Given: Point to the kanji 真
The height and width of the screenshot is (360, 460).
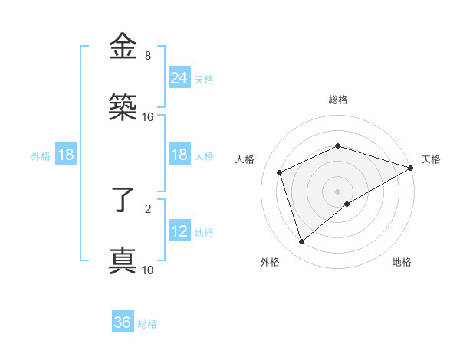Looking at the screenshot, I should pyautogui.click(x=123, y=260).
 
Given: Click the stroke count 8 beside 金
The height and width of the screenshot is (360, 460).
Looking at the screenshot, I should pyautogui.click(x=148, y=56).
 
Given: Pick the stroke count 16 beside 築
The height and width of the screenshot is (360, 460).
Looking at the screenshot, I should pyautogui.click(x=148, y=117).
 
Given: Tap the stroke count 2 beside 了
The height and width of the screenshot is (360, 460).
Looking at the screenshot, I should pyautogui.click(x=148, y=208).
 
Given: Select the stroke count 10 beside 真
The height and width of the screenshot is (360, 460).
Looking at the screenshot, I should pyautogui.click(x=148, y=270).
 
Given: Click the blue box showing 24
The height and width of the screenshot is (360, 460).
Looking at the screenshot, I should pyautogui.click(x=179, y=77).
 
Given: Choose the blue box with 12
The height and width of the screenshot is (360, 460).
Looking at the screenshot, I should pyautogui.click(x=179, y=231).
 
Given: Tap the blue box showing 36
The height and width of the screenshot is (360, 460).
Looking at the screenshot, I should pyautogui.click(x=123, y=322).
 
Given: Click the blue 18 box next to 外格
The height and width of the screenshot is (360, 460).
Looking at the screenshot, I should pyautogui.click(x=66, y=155).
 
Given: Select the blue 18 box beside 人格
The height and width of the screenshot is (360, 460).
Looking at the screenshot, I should pyautogui.click(x=179, y=155).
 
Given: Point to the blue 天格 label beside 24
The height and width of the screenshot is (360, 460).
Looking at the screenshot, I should pyautogui.click(x=204, y=79).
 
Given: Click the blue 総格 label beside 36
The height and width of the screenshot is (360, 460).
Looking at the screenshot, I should pyautogui.click(x=147, y=324).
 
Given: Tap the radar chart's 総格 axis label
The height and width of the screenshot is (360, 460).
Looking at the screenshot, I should pyautogui.click(x=338, y=100).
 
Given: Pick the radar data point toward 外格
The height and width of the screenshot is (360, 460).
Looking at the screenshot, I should pyautogui.click(x=301, y=242).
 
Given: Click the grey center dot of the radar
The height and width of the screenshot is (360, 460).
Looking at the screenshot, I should pyautogui.click(x=338, y=191).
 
